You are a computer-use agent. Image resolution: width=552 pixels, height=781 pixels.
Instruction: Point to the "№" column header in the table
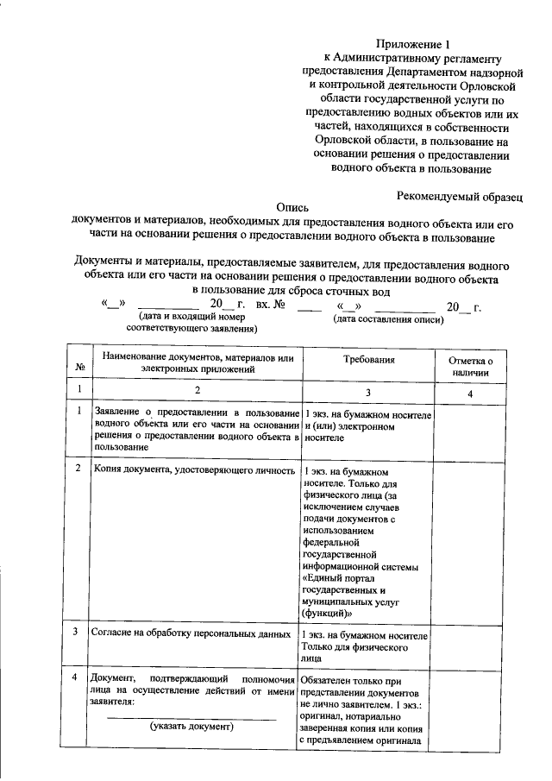coord(80,367)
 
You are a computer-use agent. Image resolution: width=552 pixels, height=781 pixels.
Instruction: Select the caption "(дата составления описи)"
coord(388,320)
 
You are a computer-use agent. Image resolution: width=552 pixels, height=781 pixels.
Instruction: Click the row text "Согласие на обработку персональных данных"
coord(192,633)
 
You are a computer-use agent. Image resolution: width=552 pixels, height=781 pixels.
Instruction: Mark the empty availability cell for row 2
coord(470,539)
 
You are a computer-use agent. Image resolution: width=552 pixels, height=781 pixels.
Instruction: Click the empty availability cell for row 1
coord(470,430)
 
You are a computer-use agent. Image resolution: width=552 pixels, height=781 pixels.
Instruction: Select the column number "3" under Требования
coord(368,393)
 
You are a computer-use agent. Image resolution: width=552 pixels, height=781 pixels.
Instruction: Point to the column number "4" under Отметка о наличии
coord(470,393)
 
